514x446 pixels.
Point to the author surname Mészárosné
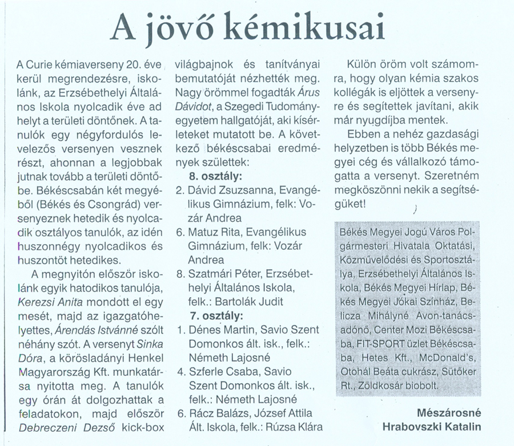coord(449,412)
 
